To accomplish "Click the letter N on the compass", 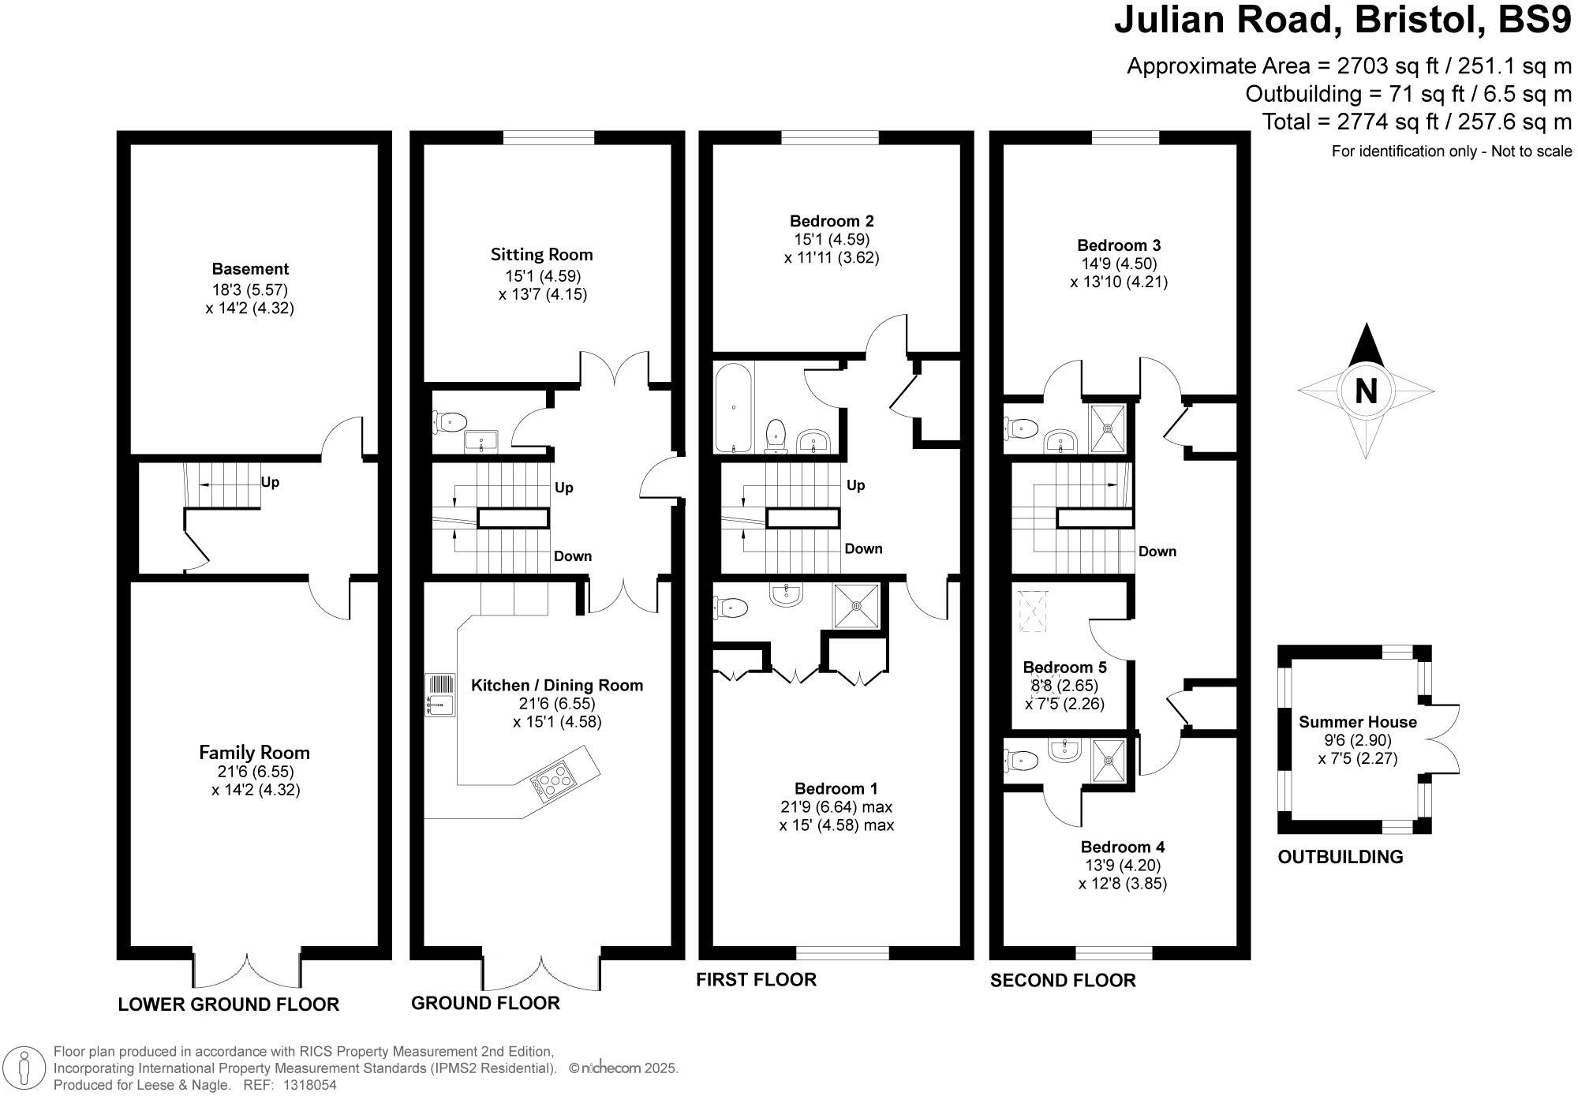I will [x=1366, y=391].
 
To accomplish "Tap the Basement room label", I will [x=250, y=269].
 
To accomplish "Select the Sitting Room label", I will [x=541, y=255].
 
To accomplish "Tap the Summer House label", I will [x=1357, y=722].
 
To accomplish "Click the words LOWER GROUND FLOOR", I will [x=228, y=1004].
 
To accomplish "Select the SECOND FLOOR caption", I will [x=1063, y=981].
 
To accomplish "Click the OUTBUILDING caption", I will [x=1340, y=857].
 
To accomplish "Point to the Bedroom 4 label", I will [x=1122, y=847].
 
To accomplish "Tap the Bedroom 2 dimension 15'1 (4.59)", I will [x=832, y=239].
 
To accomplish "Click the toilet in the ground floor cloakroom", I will [x=449, y=423].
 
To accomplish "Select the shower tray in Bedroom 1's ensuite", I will [x=857, y=606].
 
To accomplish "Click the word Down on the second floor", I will [x=1157, y=552].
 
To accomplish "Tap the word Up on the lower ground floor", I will [x=270, y=482].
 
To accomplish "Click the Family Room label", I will [x=254, y=753].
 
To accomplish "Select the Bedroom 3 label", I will [x=1119, y=245].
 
